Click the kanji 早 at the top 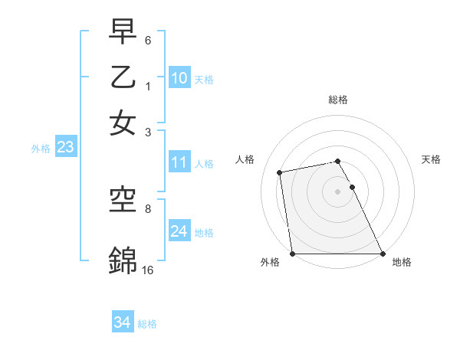pyautogui.click(x=123, y=33)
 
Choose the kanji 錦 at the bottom pyautogui.click(x=123, y=260)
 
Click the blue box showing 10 pyautogui.click(x=179, y=77)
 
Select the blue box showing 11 pyautogui.click(x=179, y=162)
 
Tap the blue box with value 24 pyautogui.click(x=179, y=231)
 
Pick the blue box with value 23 pyautogui.click(x=65, y=147)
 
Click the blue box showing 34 pyautogui.click(x=122, y=322)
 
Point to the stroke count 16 pyautogui.click(x=147, y=270)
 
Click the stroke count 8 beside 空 pyautogui.click(x=148, y=208)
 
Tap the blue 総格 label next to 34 pyautogui.click(x=147, y=324)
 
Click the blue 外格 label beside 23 pyautogui.click(x=41, y=149)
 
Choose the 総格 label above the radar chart pyautogui.click(x=338, y=100)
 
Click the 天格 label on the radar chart pyautogui.click(x=431, y=159)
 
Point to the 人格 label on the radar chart pyautogui.click(x=245, y=159)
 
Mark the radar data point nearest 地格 pyautogui.click(x=382, y=254)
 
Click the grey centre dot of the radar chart pyautogui.click(x=338, y=191)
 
